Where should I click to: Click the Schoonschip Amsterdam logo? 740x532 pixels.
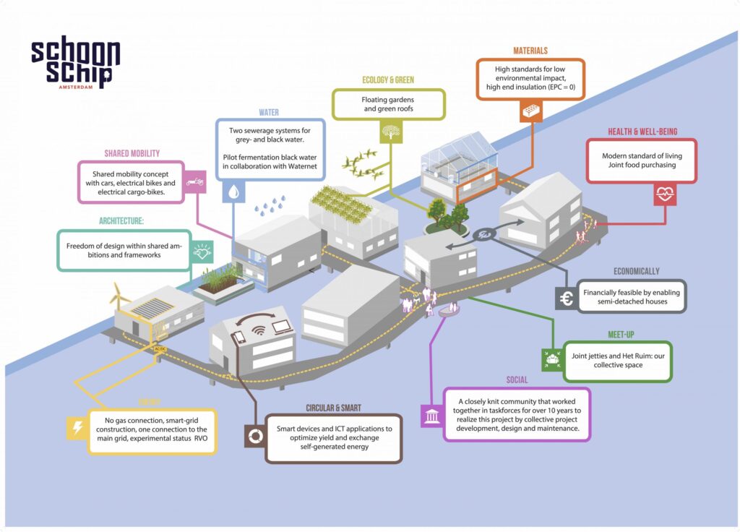(x=75, y=64)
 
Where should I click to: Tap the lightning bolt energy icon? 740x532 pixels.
(x=77, y=427)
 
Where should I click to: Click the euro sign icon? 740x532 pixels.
(x=567, y=299)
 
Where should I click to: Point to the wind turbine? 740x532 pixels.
(x=120, y=293)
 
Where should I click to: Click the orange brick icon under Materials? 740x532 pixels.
(x=531, y=111)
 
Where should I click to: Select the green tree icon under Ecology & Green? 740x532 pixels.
(x=391, y=132)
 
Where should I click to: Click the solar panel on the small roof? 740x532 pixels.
(x=152, y=306)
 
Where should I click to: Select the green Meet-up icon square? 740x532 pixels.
(x=551, y=359)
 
